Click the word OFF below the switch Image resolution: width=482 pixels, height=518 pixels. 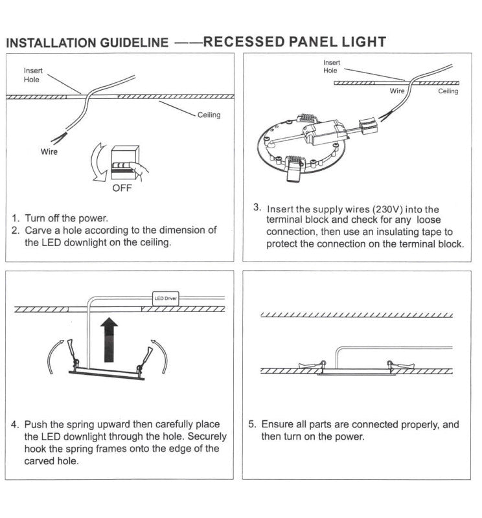pos(121,188)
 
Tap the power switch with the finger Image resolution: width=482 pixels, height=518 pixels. pos(123,161)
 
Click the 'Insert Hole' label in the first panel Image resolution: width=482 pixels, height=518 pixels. pos(32,75)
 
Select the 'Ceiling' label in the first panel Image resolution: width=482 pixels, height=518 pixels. pos(209,115)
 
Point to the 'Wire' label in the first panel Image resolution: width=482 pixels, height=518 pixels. pos(49,152)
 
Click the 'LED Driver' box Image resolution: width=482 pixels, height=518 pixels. pos(165,298)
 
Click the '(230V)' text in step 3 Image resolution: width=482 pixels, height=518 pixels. pos(385,209)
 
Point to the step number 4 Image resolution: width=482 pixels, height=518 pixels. pos(14,425)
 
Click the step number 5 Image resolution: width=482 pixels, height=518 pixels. pos(253,425)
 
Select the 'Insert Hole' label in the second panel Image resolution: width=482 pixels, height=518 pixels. pos(331,67)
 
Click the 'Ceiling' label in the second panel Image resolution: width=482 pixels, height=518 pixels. pos(448,91)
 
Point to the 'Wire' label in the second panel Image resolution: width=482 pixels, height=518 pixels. pos(396,91)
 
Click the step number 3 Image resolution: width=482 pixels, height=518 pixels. pos(257,208)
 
